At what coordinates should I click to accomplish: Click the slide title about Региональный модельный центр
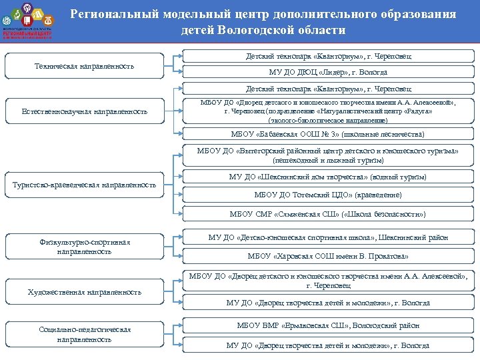point(263,22)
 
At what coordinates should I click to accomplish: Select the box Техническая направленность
point(84,65)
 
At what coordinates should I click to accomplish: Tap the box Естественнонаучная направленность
point(84,111)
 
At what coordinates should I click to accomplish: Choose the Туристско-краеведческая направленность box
point(84,184)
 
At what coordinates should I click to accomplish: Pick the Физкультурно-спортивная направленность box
point(84,247)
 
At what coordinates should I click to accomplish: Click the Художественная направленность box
point(84,292)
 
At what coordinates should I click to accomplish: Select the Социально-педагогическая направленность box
point(84,334)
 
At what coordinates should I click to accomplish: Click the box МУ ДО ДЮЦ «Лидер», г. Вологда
point(327,72)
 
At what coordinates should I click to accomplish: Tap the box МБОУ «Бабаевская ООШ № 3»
point(327,134)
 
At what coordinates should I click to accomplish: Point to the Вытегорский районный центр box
point(327,155)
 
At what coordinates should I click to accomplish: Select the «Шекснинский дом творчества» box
point(327,177)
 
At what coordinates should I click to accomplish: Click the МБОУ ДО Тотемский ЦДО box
point(327,195)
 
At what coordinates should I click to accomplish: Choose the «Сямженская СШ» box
point(327,214)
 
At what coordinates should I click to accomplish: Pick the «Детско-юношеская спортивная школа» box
point(327,237)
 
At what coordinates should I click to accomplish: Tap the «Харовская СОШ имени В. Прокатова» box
point(327,256)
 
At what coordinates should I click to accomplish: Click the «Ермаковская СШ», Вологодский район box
point(327,325)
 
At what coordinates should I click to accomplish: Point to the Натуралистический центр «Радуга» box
point(327,111)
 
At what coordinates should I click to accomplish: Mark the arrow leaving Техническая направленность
point(172,65)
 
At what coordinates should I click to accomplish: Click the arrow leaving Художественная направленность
point(172,291)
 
